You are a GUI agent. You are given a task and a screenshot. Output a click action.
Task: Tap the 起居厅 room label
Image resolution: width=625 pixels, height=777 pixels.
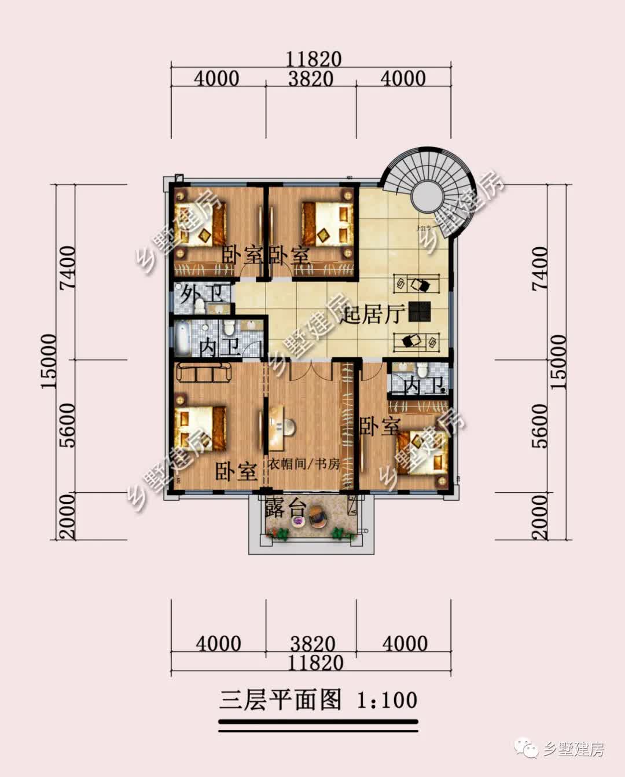tap(372, 315)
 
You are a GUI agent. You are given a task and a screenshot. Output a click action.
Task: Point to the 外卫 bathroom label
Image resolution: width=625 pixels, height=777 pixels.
tap(200, 294)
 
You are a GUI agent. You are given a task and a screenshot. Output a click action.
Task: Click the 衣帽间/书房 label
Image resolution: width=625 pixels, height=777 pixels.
tap(303, 464)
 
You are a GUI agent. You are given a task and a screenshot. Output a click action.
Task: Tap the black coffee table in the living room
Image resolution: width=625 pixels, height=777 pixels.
tap(418, 311)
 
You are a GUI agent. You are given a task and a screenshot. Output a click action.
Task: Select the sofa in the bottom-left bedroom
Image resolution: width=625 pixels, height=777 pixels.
tap(204, 373)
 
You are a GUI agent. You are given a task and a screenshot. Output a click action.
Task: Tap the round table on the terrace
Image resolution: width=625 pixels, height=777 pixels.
tap(297, 521)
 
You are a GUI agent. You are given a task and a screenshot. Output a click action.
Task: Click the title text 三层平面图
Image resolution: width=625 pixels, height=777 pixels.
tap(281, 699)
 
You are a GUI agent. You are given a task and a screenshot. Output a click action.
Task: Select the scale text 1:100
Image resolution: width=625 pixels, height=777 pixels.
tap(387, 700)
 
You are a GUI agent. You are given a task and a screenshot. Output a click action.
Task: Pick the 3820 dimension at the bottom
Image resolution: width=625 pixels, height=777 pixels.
tap(312, 644)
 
